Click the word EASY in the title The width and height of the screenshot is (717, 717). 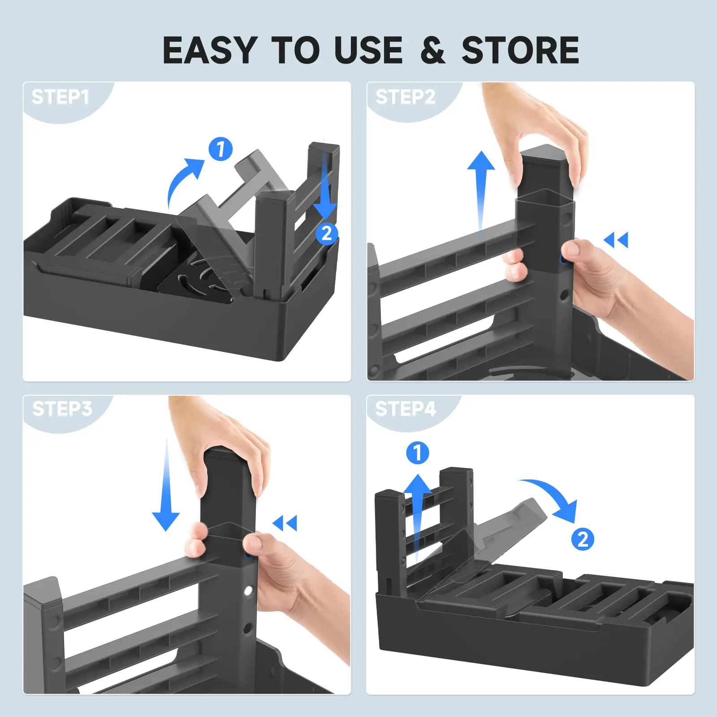point(209,50)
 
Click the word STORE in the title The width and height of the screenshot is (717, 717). point(520,50)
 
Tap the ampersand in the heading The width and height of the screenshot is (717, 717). point(432,51)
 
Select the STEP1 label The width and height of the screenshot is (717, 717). point(60,97)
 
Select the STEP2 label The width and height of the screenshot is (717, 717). point(405,97)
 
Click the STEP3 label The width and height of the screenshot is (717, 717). point(62,409)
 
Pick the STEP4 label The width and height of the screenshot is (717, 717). point(405,409)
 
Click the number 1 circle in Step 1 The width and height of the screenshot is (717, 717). point(220,149)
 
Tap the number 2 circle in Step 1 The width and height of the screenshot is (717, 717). point(327,233)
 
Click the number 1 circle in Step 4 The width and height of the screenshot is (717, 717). point(417,453)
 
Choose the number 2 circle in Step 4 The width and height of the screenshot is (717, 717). point(582,539)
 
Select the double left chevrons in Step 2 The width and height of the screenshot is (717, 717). point(616,240)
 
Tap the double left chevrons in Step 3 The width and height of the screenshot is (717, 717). point(285,523)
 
